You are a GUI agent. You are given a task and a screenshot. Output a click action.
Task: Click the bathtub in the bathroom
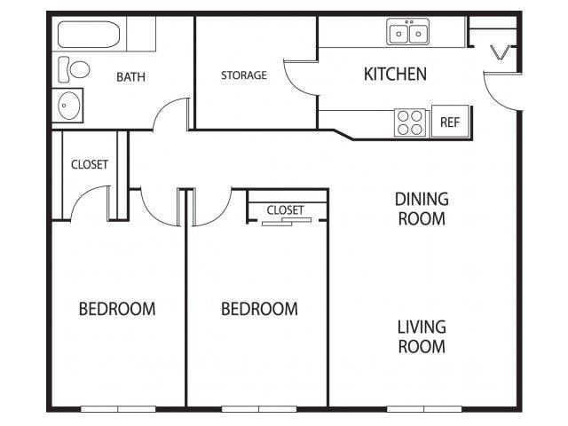tap(89, 35)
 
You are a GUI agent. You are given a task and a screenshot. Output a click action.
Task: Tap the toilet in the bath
tap(74, 69)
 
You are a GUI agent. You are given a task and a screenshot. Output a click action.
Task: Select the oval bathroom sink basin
tap(69, 106)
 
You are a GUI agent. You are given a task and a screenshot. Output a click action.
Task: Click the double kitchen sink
tap(408, 32)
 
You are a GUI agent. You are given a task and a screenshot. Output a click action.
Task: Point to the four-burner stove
tap(410, 122)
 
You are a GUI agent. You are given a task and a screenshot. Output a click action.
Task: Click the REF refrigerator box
tap(450, 122)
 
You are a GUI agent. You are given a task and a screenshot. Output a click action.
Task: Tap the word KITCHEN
tap(395, 74)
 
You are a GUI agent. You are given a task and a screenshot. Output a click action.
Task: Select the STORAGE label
tap(244, 75)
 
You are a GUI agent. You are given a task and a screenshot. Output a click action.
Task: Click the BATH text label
tap(130, 77)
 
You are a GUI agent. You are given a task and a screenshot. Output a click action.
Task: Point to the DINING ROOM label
tap(422, 209)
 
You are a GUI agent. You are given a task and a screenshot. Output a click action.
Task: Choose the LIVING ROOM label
tap(422, 336)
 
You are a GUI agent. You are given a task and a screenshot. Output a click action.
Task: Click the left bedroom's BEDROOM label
tap(117, 309)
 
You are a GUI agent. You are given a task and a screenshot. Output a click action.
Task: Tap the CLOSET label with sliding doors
tap(285, 210)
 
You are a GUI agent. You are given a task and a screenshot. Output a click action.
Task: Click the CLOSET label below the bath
tap(90, 164)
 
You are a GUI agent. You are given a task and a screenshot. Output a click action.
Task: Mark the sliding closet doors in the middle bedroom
tap(287, 222)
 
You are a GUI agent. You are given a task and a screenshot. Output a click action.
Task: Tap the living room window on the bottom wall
tap(424, 409)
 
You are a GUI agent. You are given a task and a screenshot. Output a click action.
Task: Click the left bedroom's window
tap(118, 409)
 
